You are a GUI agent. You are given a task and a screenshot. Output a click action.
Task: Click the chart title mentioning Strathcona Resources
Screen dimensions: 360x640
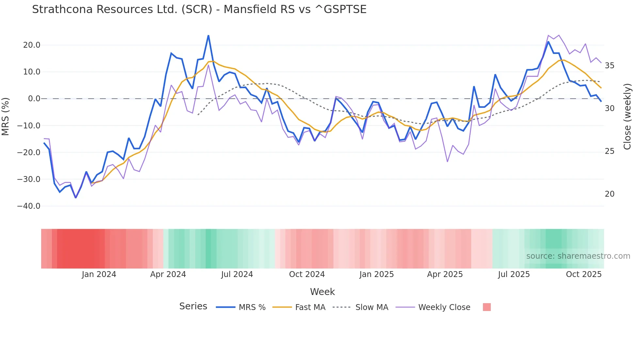(x=199, y=9)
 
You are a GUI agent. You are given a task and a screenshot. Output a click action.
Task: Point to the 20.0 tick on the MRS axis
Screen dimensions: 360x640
(x=32, y=45)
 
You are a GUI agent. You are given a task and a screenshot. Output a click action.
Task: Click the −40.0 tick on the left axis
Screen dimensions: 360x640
(x=29, y=206)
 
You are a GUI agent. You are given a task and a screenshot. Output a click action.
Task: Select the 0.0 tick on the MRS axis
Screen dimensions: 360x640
(x=34, y=99)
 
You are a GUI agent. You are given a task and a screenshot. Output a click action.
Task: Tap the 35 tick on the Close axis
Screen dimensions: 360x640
(x=609, y=66)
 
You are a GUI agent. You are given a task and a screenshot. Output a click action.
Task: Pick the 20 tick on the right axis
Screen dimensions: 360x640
(x=609, y=194)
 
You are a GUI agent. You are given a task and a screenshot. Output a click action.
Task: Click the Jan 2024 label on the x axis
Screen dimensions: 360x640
(x=99, y=274)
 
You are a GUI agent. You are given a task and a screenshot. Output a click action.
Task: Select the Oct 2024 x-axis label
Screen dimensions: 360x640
(x=307, y=274)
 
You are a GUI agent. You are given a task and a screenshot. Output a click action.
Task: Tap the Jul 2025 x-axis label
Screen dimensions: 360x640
(x=514, y=274)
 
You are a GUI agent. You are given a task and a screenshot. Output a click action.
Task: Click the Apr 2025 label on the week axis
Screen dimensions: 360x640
(x=445, y=274)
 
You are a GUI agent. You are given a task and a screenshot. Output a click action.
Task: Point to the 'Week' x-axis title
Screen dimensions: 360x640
(x=322, y=292)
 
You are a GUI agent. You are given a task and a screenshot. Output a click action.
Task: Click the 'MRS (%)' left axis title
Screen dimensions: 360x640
(x=6, y=116)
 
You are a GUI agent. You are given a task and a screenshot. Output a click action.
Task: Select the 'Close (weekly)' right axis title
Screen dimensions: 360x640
(x=627, y=117)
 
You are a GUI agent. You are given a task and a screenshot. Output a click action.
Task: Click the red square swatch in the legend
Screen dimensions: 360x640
(x=487, y=307)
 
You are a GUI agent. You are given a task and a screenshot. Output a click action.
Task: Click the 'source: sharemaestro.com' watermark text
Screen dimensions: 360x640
(x=578, y=256)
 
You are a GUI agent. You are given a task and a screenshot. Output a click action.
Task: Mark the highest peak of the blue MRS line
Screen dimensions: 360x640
(x=208, y=36)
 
